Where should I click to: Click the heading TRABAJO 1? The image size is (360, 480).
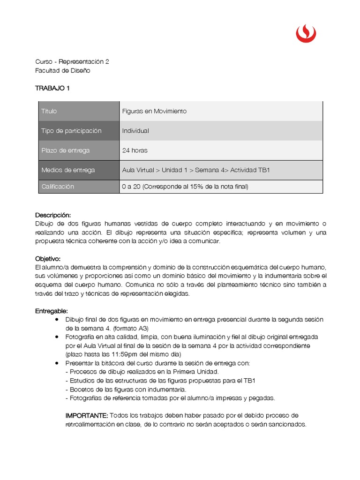coord(52,88)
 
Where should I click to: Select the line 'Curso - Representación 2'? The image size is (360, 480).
coord(72,62)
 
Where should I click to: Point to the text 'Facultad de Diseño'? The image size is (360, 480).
coord(63,71)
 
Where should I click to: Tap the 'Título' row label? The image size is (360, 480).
coord(49,111)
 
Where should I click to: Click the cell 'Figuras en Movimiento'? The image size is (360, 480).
coord(154,111)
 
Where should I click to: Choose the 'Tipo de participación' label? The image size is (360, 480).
coord(71,131)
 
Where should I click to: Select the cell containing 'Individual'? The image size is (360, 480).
coord(135,131)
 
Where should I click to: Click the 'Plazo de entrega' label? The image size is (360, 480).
coord(65,150)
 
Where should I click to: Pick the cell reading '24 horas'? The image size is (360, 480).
coord(135,150)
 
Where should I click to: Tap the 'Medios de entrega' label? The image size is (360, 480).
coord(68,170)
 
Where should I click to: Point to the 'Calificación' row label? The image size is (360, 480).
coord(58,187)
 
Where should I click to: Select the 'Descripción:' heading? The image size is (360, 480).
coord(53,215)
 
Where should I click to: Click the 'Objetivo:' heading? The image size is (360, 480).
coord(48,259)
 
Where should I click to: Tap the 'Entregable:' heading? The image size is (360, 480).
coord(52,311)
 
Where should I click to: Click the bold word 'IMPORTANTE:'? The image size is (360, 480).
coord(87,416)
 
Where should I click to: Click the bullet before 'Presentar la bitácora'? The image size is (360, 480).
coord(57,363)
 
